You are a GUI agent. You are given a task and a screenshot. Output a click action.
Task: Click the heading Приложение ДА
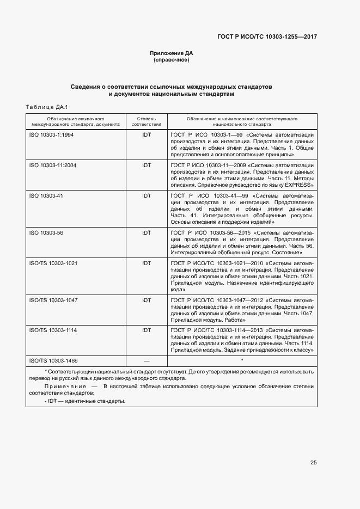point(172,53)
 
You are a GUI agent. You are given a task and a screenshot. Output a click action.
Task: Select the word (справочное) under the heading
point(172,60)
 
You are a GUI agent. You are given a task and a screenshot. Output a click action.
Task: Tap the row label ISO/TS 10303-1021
point(53,263)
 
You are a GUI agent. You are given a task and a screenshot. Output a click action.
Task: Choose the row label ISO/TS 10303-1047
point(53,300)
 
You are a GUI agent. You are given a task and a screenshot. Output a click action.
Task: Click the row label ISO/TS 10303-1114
point(53,330)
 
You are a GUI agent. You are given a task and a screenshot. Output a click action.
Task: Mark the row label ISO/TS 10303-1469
point(53,360)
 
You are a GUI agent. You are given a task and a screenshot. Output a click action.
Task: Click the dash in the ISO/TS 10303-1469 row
point(146,360)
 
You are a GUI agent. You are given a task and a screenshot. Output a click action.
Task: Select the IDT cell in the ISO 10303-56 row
point(146,232)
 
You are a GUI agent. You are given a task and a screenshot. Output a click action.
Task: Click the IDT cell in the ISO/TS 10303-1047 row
point(146,300)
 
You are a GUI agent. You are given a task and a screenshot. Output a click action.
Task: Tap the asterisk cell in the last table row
point(241,360)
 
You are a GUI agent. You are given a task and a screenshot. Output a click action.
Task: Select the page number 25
point(313,463)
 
